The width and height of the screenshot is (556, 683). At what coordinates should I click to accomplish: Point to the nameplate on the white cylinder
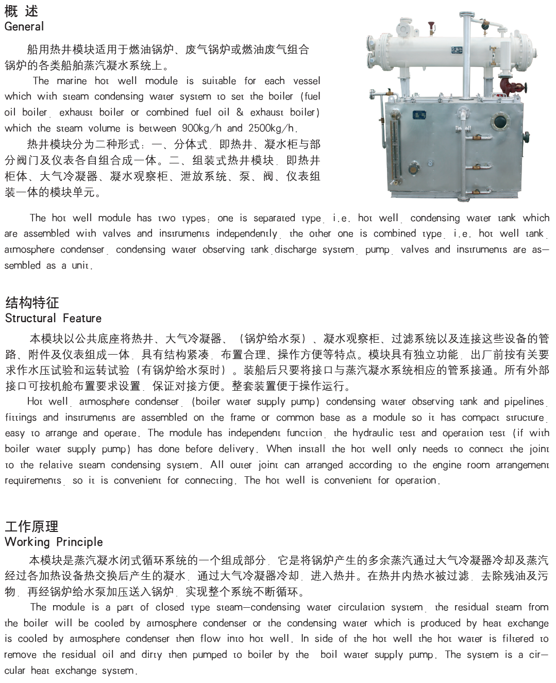point(457,50)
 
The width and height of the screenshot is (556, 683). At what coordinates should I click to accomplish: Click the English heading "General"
point(24,27)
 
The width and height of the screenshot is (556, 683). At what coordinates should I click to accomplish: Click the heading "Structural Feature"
point(53,318)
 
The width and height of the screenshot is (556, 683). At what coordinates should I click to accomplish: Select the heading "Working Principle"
point(54,542)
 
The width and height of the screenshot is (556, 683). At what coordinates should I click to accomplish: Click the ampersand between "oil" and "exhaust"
point(240,112)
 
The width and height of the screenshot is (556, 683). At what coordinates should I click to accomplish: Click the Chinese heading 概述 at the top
point(21,11)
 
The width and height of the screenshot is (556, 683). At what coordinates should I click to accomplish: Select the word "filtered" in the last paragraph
point(518,639)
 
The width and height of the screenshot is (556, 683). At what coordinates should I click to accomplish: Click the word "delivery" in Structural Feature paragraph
point(234,449)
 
